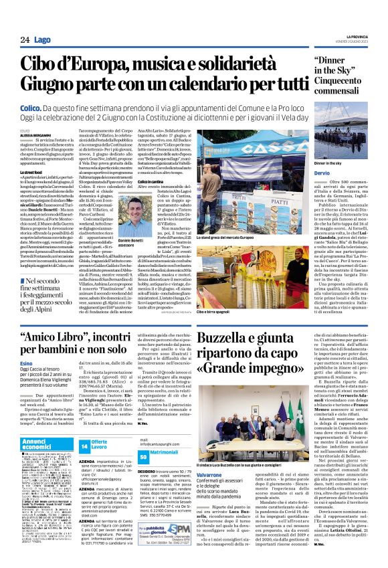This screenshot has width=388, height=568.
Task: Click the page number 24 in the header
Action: [x=23, y=40]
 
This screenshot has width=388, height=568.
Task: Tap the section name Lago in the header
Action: [x=42, y=40]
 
